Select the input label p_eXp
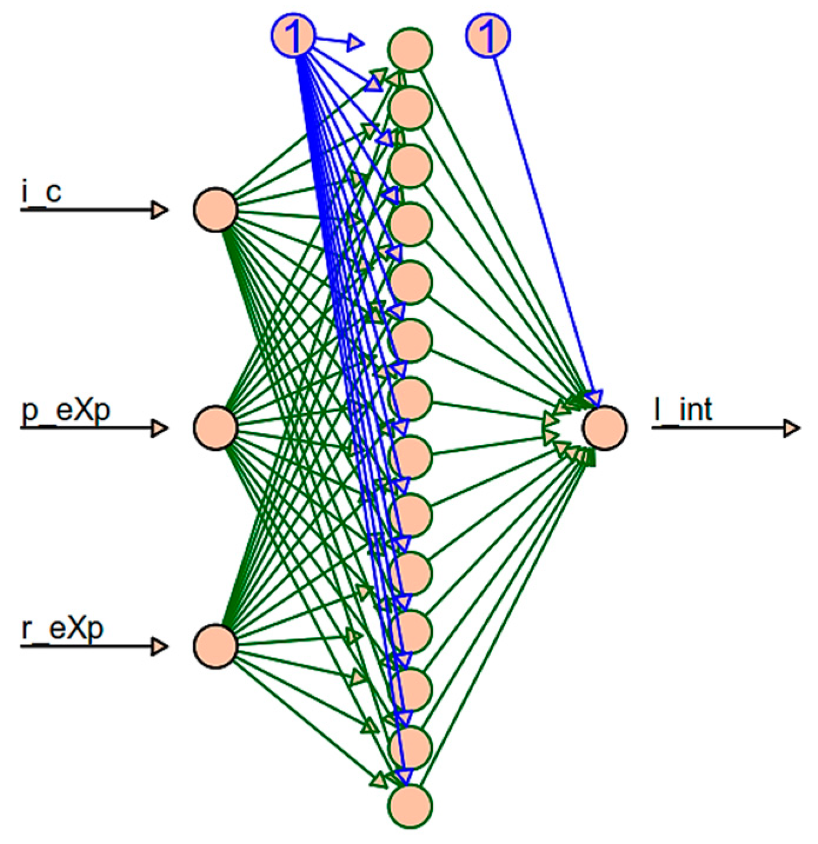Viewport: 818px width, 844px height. click(66, 410)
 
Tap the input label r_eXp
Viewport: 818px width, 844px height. click(62, 629)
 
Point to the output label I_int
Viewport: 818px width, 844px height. click(683, 410)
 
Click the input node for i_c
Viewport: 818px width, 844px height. click(216, 210)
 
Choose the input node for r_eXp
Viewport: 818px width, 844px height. click(216, 646)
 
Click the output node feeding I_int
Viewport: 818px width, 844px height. click(604, 428)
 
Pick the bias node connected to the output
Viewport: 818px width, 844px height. click(488, 35)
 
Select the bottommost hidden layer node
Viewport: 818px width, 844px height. click(410, 806)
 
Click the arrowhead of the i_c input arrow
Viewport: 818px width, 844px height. click(160, 210)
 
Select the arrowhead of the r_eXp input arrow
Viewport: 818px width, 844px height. click(160, 646)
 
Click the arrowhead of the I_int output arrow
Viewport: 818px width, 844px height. click(792, 428)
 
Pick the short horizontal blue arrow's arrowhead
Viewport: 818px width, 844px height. click(356, 42)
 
